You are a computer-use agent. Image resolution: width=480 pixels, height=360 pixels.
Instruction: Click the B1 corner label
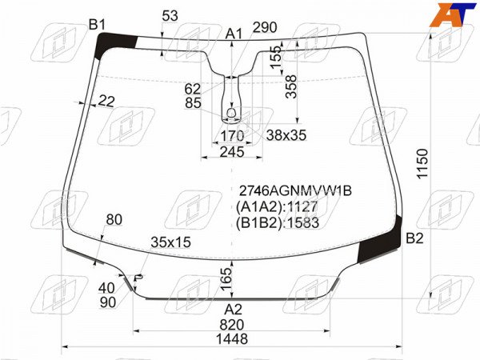pos(97,25)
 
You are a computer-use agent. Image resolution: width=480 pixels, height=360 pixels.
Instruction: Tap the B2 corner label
pos(414,238)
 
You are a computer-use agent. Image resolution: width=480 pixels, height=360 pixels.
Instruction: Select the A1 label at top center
pos(234,34)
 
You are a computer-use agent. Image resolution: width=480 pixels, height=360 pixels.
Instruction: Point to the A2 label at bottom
pos(234,310)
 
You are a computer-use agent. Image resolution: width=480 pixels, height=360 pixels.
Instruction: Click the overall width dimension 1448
pos(232,339)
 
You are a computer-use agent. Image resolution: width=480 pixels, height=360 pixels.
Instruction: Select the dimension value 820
pos(232,325)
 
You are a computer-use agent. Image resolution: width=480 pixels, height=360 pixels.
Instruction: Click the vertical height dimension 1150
pos(422,164)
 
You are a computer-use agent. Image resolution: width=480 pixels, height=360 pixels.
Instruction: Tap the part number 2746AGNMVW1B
pos(295,191)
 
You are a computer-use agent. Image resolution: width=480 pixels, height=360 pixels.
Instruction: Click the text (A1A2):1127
pos(277,207)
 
